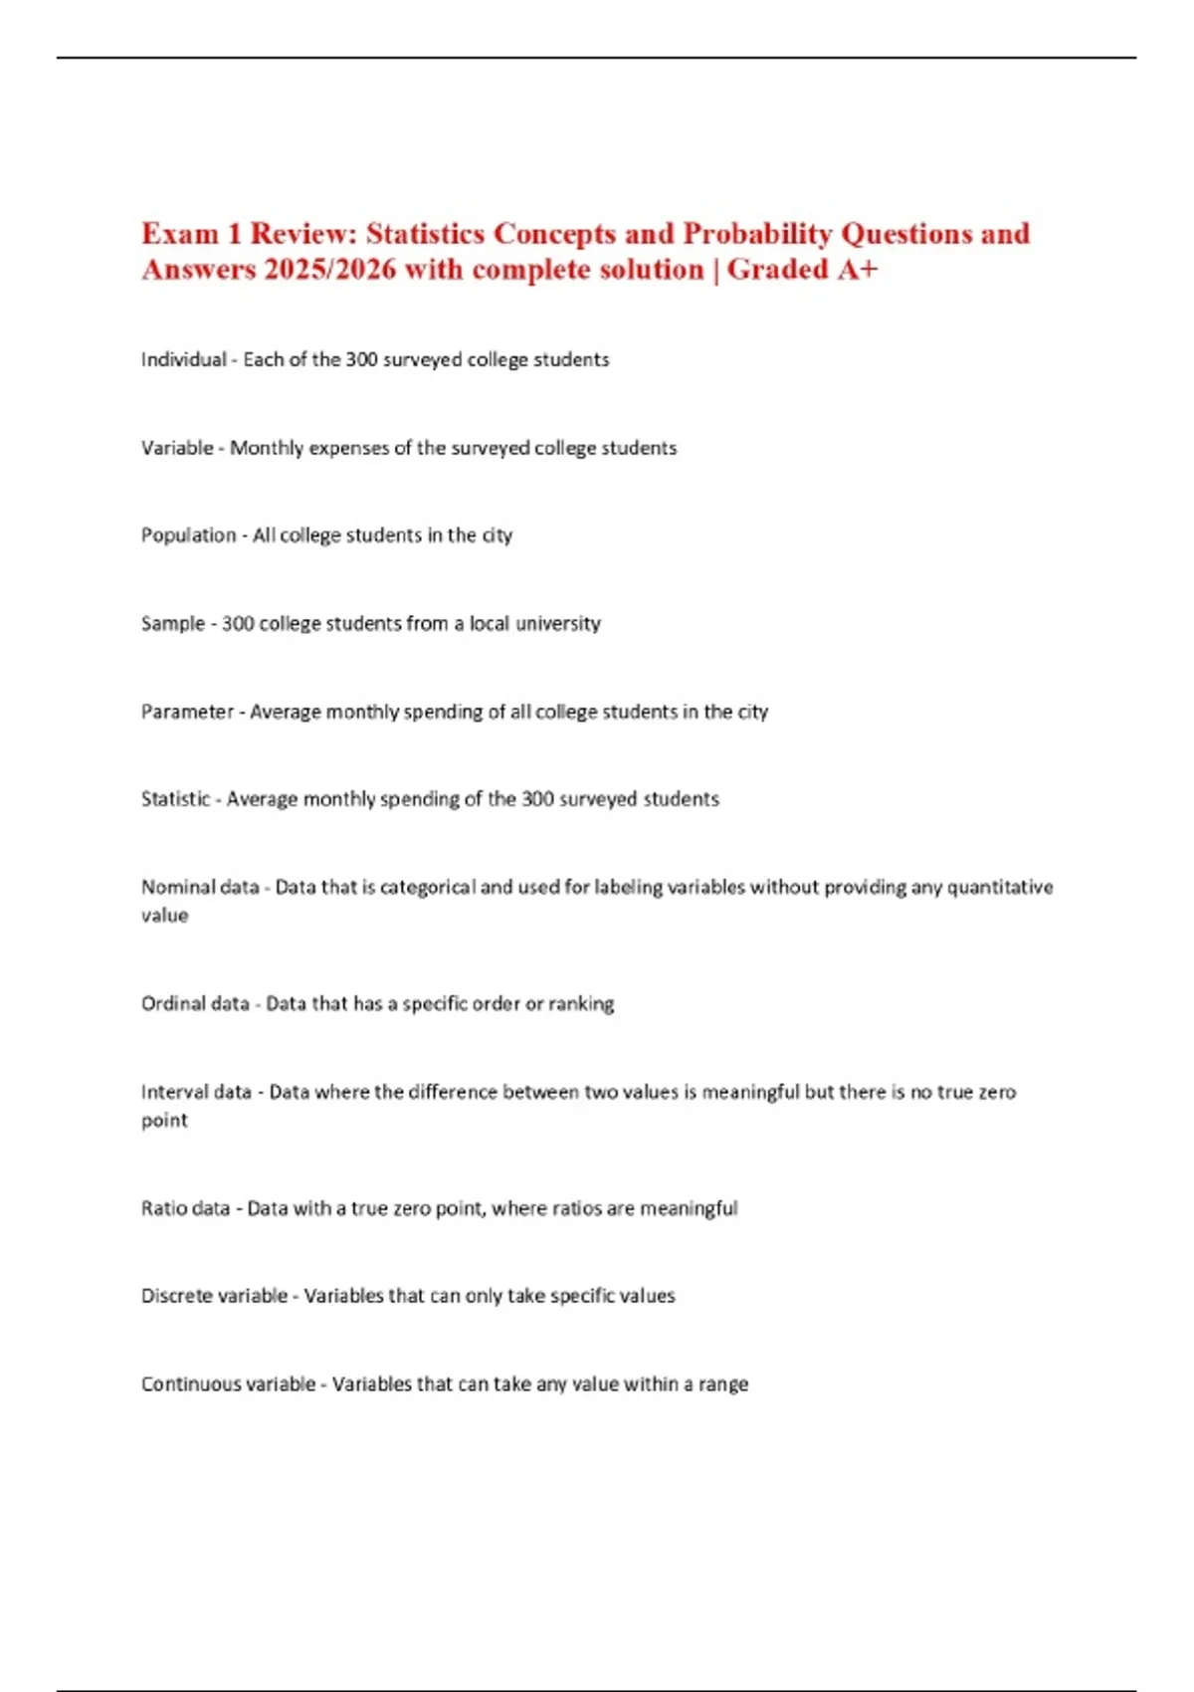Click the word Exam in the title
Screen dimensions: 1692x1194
[x=180, y=234]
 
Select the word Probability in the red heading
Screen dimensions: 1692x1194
[x=757, y=234]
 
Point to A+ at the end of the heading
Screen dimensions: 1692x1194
[x=857, y=270]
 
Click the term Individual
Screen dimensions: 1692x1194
[x=184, y=359]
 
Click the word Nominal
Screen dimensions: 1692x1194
[x=172, y=887]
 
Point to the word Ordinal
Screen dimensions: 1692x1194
[x=168, y=1003]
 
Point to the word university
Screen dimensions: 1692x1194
[x=557, y=624]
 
